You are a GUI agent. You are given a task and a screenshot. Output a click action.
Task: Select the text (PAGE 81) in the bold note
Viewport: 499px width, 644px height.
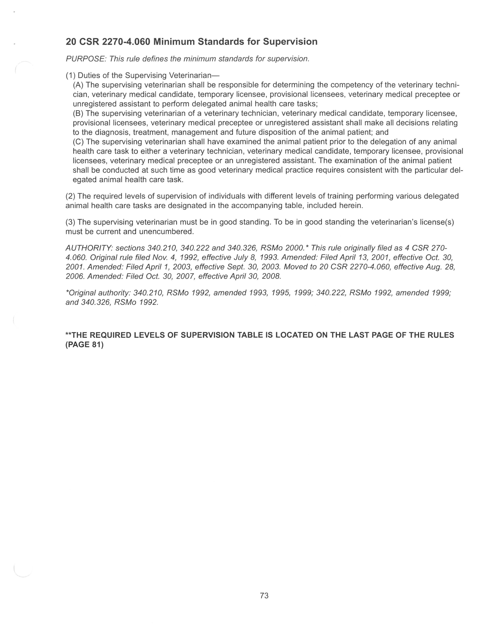[x=84, y=344]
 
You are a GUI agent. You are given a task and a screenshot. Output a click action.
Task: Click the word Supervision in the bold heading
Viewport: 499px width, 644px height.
[x=290, y=42]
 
